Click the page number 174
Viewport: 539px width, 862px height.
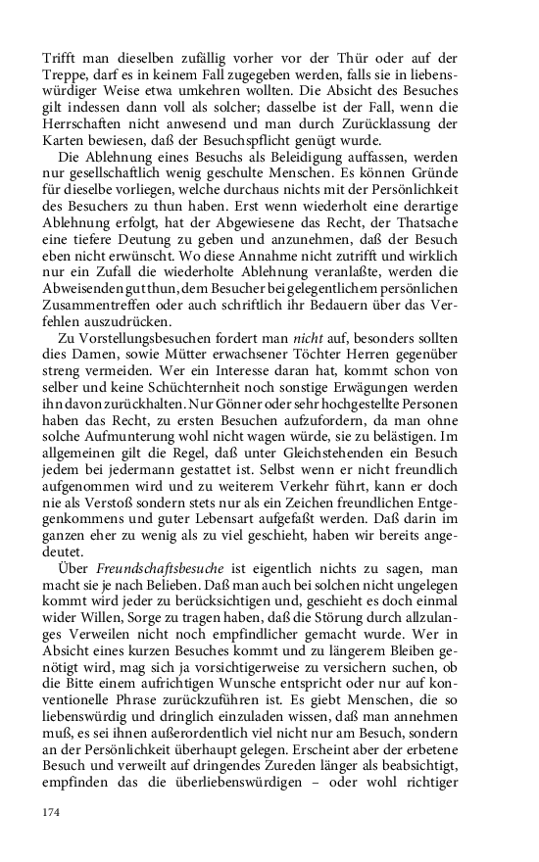pos(52,813)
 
